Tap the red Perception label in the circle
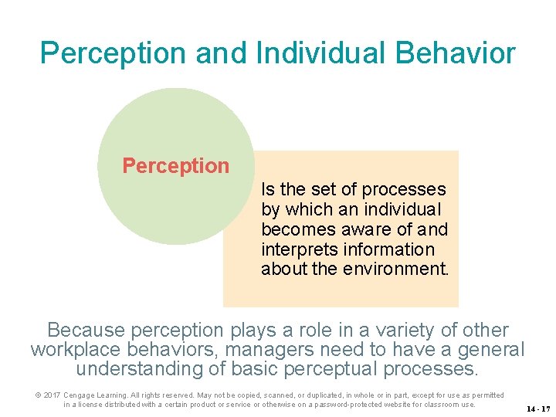[x=176, y=166]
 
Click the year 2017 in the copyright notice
[x=51, y=395]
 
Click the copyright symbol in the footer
[x=37, y=395]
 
